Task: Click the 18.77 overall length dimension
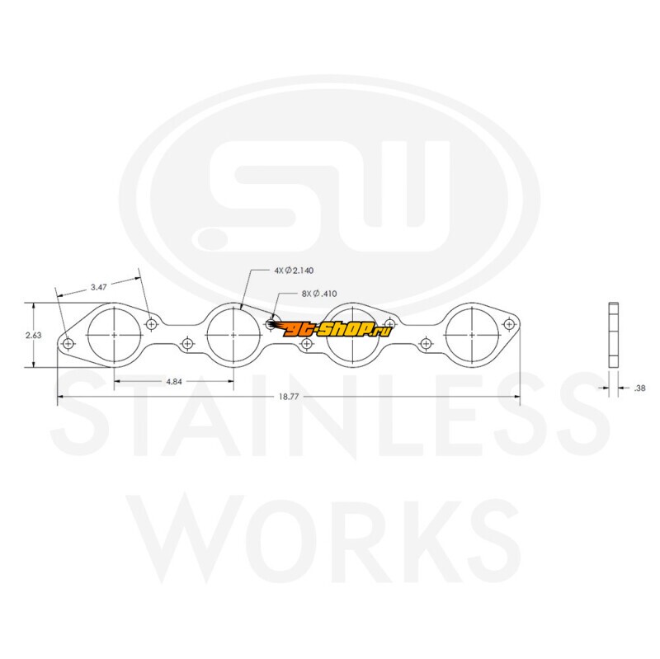(288, 397)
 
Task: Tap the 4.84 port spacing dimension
(174, 382)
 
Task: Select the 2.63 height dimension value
(34, 335)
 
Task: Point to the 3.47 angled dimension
(98, 287)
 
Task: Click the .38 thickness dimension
(639, 388)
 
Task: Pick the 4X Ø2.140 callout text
(294, 271)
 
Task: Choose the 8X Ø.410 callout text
(319, 294)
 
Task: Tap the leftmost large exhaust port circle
(115, 308)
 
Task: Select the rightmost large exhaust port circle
(472, 308)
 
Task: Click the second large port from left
(233, 308)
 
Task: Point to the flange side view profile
(614, 335)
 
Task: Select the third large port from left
(353, 308)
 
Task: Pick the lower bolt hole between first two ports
(187, 344)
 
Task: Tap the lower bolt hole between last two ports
(426, 344)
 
